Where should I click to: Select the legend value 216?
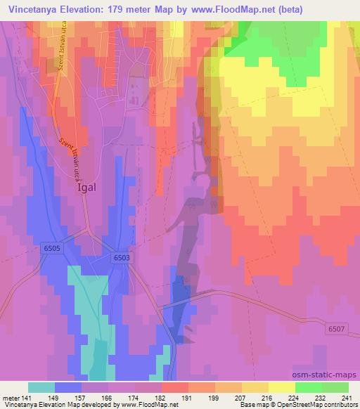(267, 397)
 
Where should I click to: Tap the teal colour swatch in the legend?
(41, 387)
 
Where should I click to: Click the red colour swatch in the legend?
(175, 387)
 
